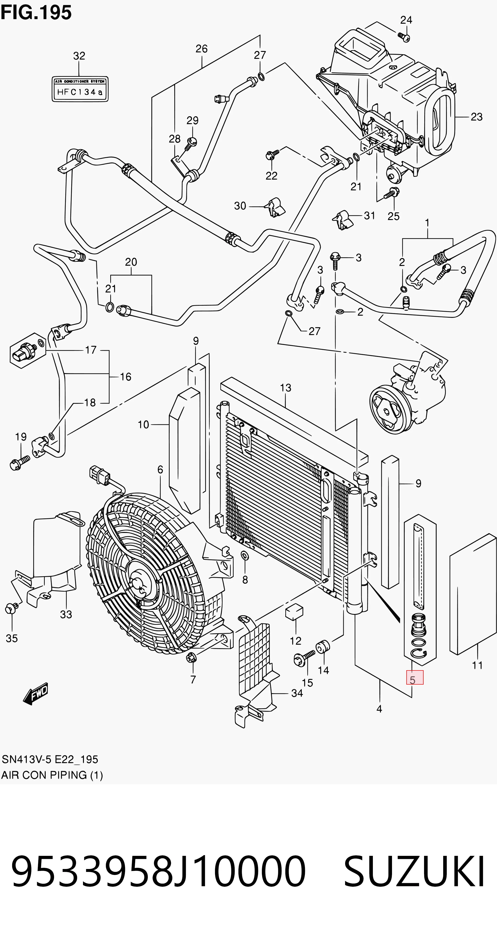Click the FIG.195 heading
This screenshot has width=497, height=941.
coord(36,13)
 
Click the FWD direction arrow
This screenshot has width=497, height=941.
coord(35,693)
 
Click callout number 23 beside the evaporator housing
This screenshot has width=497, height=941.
coord(476,117)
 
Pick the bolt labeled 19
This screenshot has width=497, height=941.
coord(19,462)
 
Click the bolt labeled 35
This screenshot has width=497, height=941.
coord(10,609)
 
